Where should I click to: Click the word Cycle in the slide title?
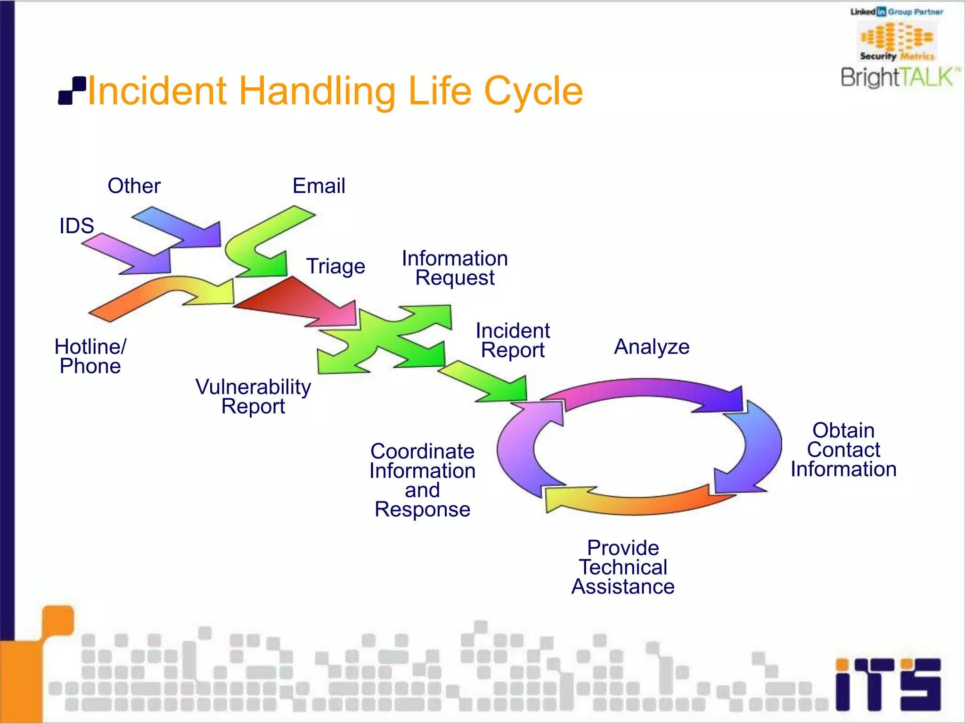533,91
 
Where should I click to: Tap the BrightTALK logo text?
899,77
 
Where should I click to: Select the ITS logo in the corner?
888,684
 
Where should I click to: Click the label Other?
134,186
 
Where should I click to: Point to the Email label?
319,186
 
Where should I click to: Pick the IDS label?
76,226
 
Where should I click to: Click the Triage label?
335,266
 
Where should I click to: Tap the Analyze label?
652,347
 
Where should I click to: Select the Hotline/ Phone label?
90,356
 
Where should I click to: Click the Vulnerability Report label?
253,396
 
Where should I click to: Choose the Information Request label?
455,268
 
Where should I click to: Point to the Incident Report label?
513,340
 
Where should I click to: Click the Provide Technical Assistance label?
623,568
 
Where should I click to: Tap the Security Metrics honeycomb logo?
897,40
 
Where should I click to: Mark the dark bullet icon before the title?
72,90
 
